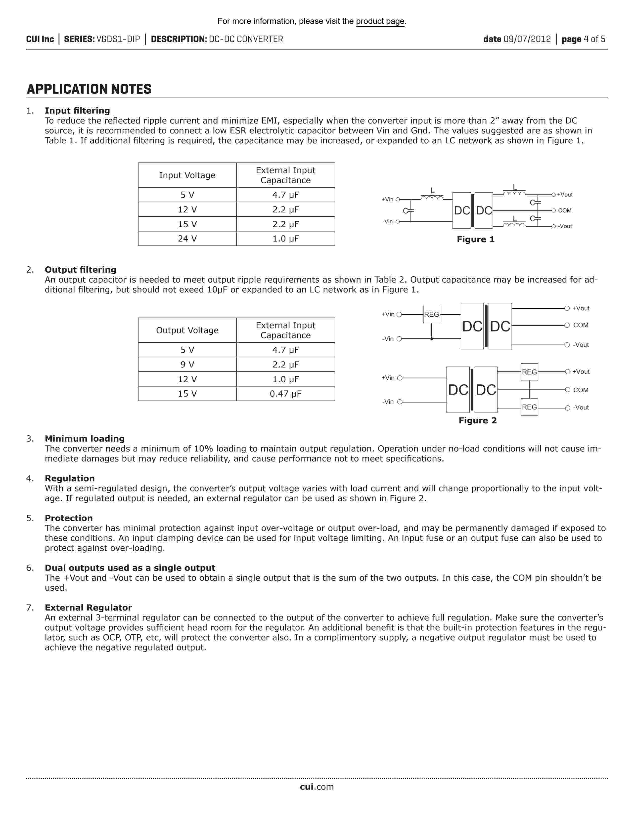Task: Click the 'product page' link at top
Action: pos(380,21)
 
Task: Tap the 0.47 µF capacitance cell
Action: pos(285,394)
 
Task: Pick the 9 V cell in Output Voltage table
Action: pos(187,365)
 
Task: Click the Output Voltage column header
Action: pos(187,330)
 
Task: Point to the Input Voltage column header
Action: pos(187,175)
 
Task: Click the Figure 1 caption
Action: pos(475,240)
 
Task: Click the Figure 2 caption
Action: pos(477,420)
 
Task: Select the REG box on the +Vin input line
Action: pos(432,314)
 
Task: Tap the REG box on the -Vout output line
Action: pos(529,407)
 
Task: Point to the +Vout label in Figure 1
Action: pos(565,195)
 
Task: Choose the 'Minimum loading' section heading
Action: pos(85,439)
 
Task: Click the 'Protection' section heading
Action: pos(69,518)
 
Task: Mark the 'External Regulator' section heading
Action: pos(88,608)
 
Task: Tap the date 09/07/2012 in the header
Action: pos(527,39)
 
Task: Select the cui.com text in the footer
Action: pos(317,787)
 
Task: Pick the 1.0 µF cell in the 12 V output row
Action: pos(285,379)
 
